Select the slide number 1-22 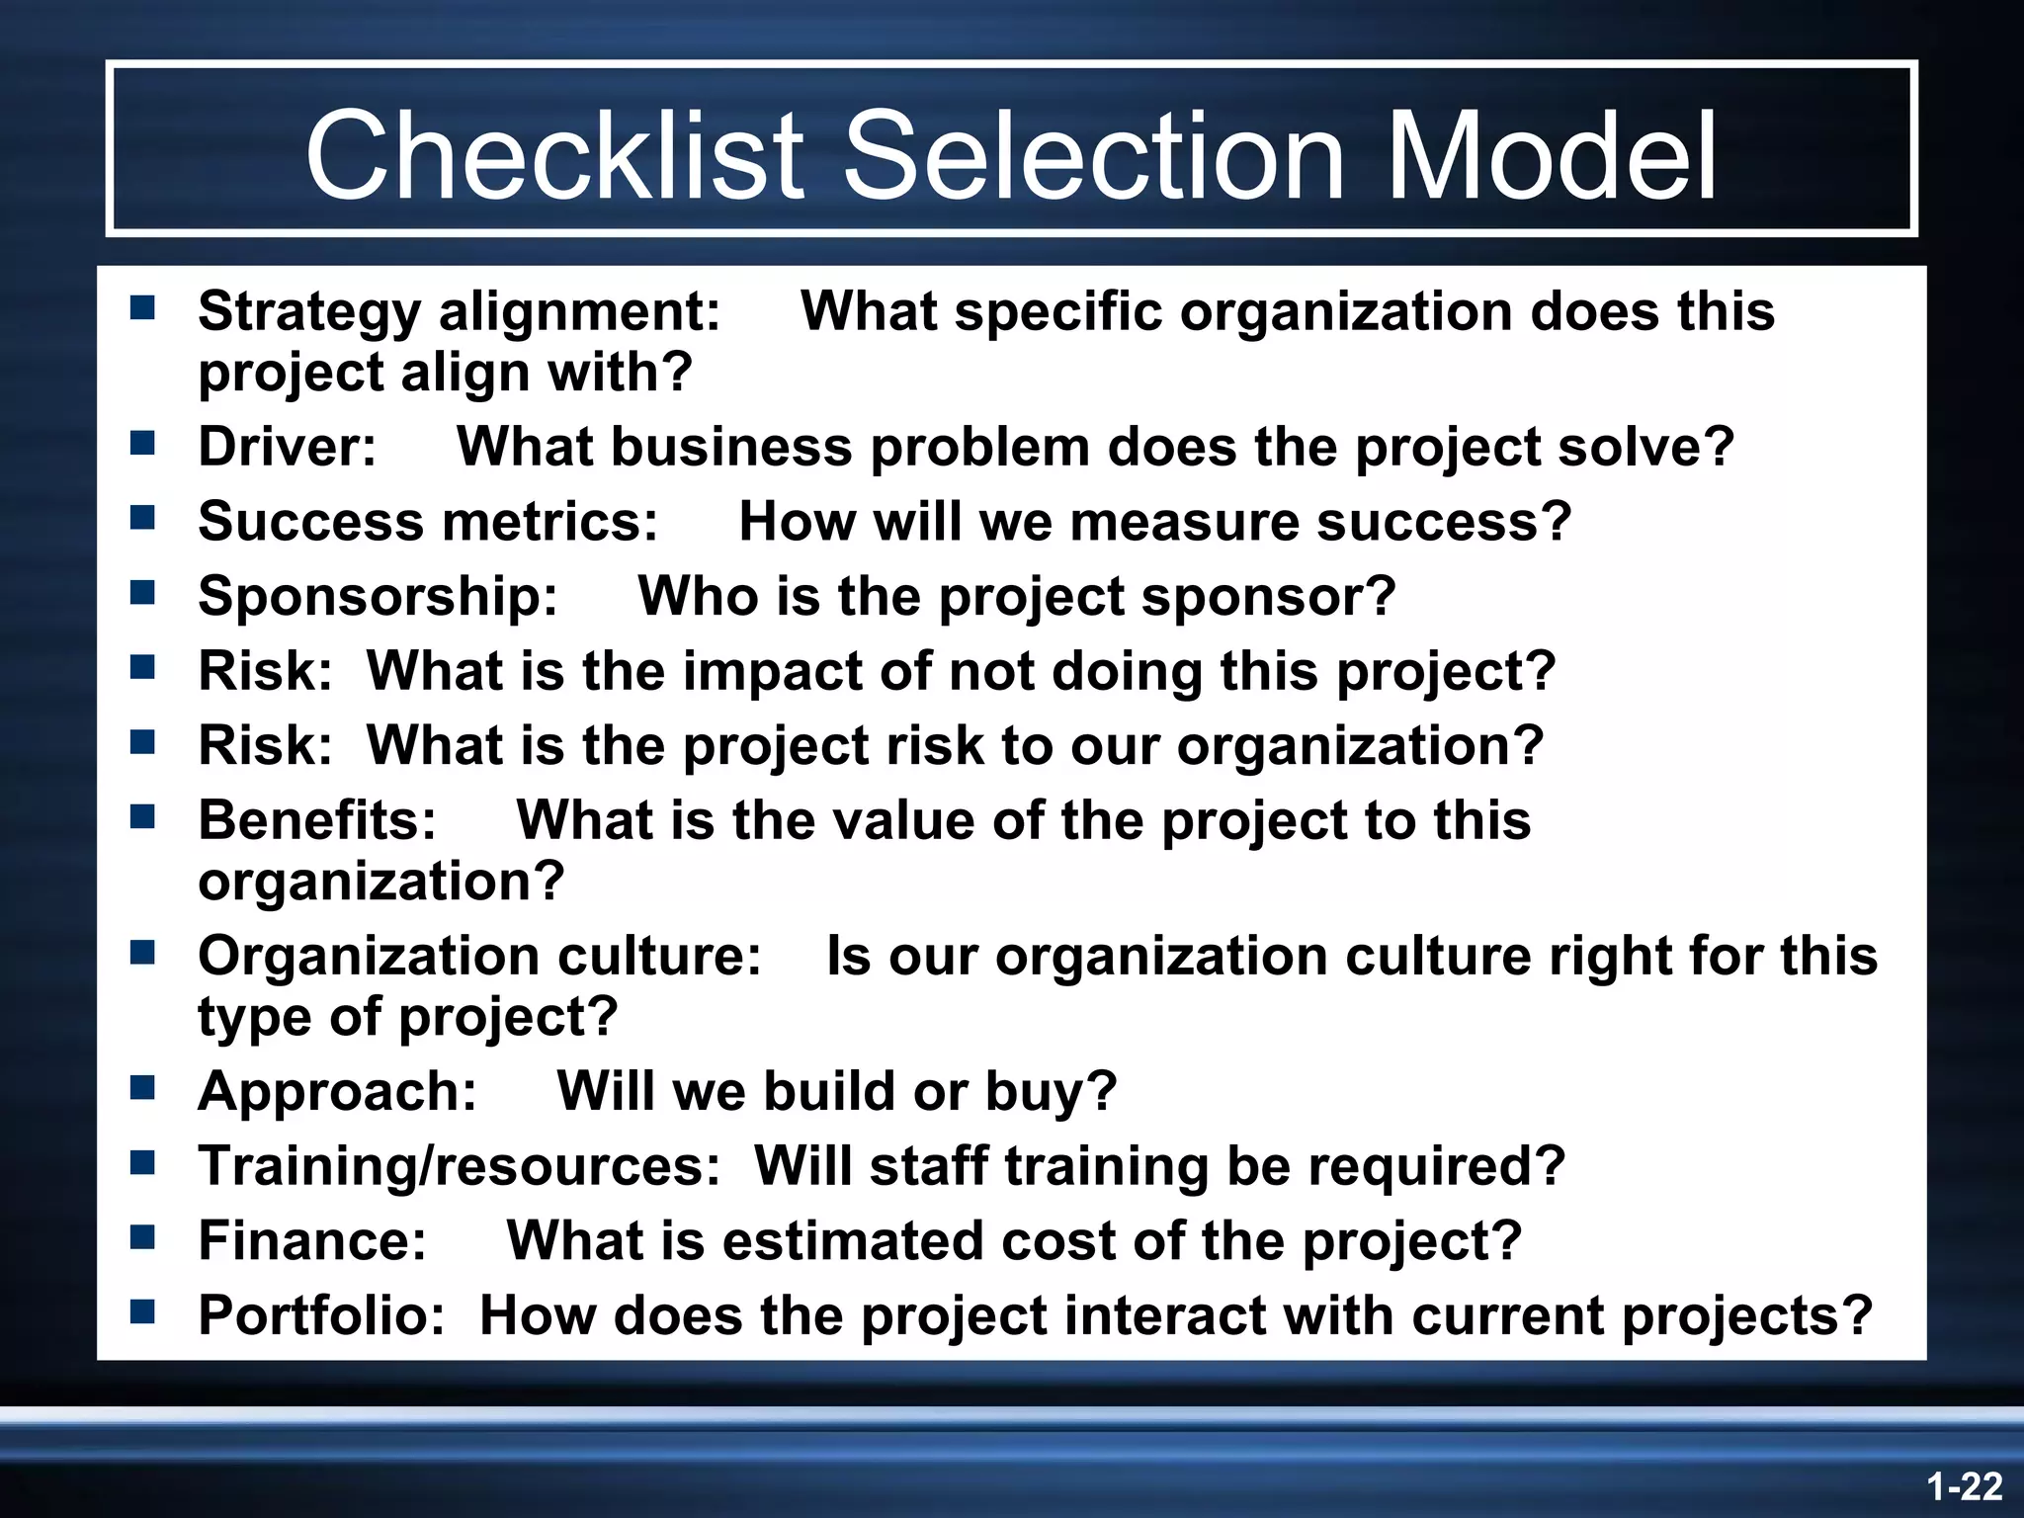pyautogui.click(x=1964, y=1486)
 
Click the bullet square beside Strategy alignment pyautogui.click(x=142, y=309)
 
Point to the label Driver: pyautogui.click(x=287, y=447)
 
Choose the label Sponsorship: pyautogui.click(x=378, y=597)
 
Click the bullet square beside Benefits pyautogui.click(x=142, y=817)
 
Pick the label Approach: pyautogui.click(x=337, y=1092)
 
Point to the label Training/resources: pyautogui.click(x=460, y=1166)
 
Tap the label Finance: pyautogui.click(x=312, y=1241)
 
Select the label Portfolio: pyautogui.click(x=322, y=1316)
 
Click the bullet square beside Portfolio pyautogui.click(x=142, y=1313)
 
